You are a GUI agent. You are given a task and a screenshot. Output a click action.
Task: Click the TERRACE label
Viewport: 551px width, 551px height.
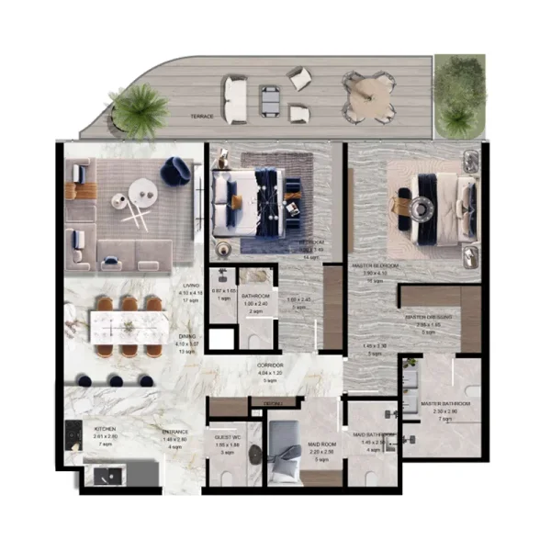[202, 118]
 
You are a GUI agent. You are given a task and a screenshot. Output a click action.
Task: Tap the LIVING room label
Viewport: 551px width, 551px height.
[191, 286]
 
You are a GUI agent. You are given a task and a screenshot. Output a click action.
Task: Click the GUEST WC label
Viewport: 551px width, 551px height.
[227, 438]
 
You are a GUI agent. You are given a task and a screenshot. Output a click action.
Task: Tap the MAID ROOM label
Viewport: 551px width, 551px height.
[321, 444]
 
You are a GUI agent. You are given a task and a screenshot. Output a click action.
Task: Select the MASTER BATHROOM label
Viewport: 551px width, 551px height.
[444, 403]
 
